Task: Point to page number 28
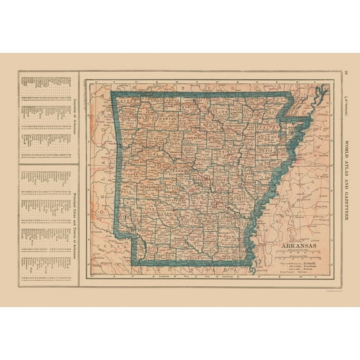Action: pos(347,75)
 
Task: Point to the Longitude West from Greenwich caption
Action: pos(187,274)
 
